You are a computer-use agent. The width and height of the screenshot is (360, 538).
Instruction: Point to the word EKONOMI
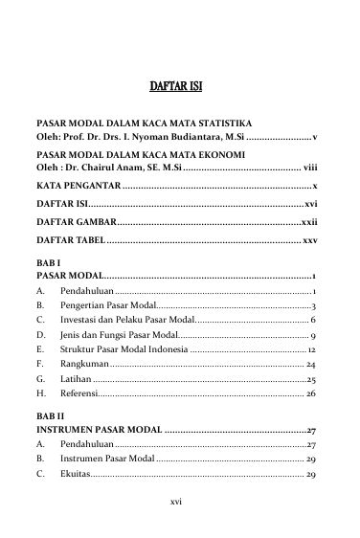tap(217, 153)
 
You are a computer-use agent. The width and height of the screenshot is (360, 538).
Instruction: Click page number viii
tap(309, 167)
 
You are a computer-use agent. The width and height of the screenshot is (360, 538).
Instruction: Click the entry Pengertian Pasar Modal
tap(107, 305)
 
